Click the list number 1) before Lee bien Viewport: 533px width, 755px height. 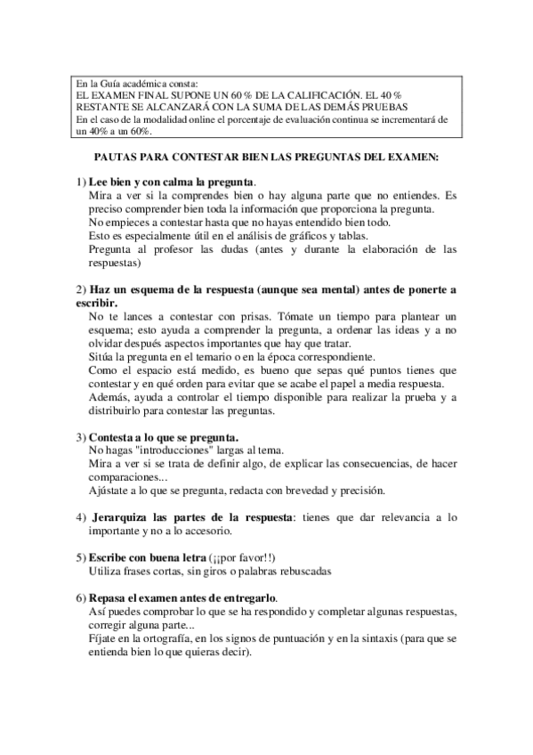point(81,182)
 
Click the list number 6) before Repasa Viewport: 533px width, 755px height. point(81,597)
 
